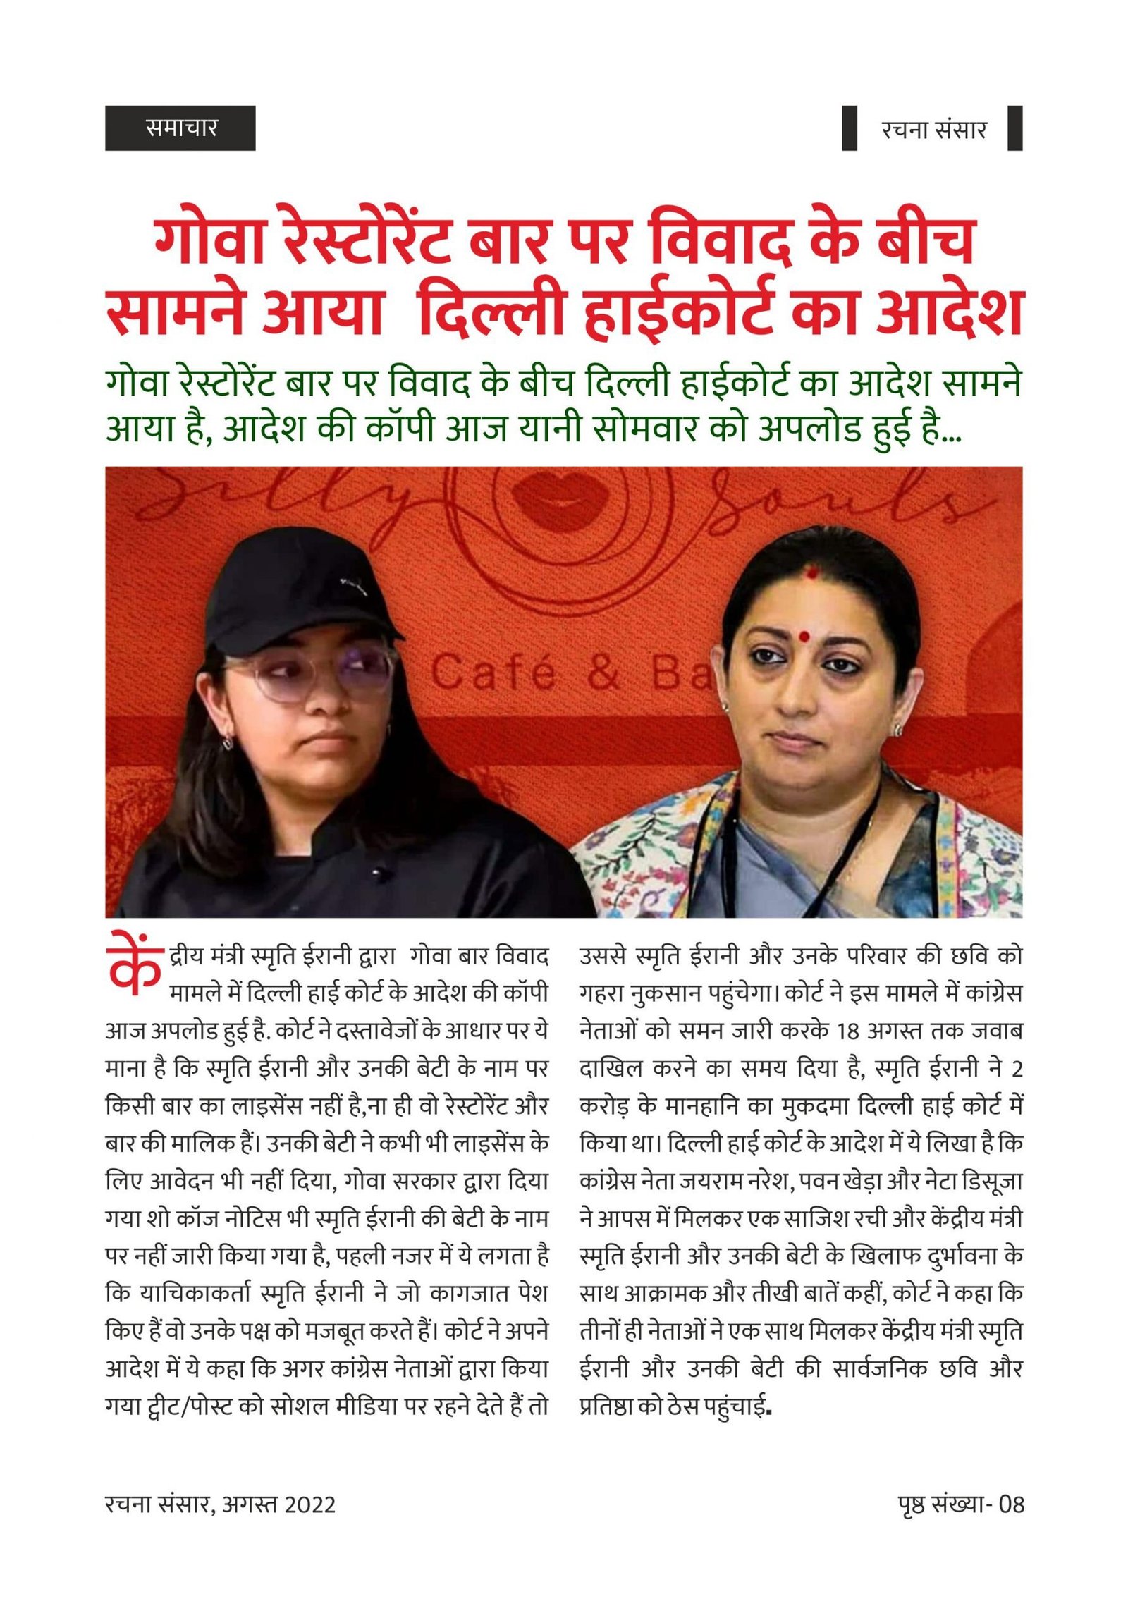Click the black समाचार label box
coord(180,128)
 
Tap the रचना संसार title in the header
coord(933,129)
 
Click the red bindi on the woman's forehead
coord(803,636)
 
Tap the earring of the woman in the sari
coord(897,730)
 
